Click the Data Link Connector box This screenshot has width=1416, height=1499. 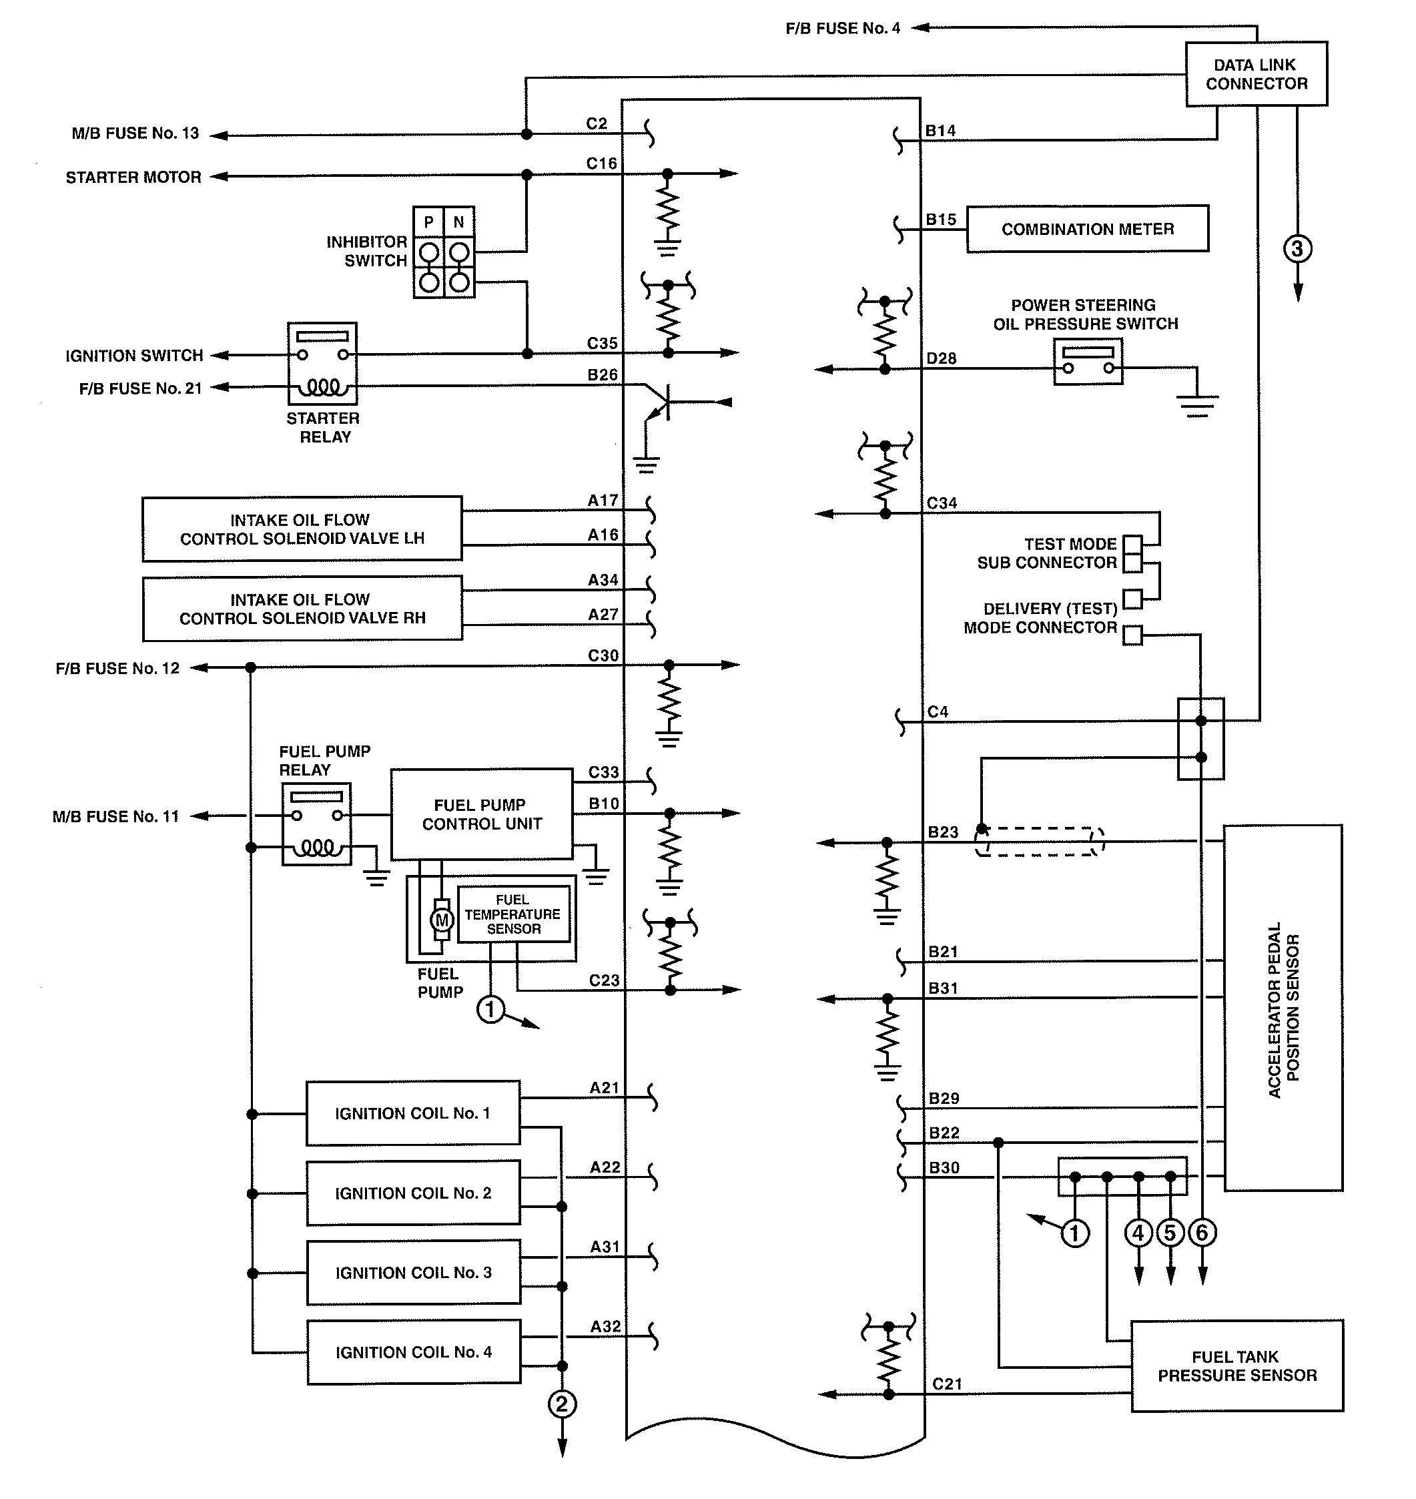[1256, 74]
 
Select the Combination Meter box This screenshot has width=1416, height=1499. [1087, 229]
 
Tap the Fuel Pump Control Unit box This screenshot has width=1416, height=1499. [482, 814]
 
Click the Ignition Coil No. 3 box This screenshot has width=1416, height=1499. [413, 1273]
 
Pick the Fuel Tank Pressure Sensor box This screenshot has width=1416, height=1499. [1237, 1366]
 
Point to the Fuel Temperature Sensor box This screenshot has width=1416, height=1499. [513, 914]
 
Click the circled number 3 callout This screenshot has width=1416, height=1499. [1297, 249]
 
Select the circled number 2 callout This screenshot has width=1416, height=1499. [562, 1405]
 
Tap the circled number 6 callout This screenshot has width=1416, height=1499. [1202, 1233]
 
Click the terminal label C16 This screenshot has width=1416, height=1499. [602, 164]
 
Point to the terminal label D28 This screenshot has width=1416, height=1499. [942, 358]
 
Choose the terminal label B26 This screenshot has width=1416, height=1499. [603, 375]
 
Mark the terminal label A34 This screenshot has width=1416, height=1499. [603, 581]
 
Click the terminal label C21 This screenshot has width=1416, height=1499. [948, 1384]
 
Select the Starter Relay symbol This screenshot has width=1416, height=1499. [322, 364]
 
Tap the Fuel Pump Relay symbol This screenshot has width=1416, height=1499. [316, 824]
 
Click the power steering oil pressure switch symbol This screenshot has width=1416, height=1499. [1088, 362]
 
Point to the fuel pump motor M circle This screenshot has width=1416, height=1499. [442, 920]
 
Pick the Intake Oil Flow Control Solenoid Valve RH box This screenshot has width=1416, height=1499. [302, 609]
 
